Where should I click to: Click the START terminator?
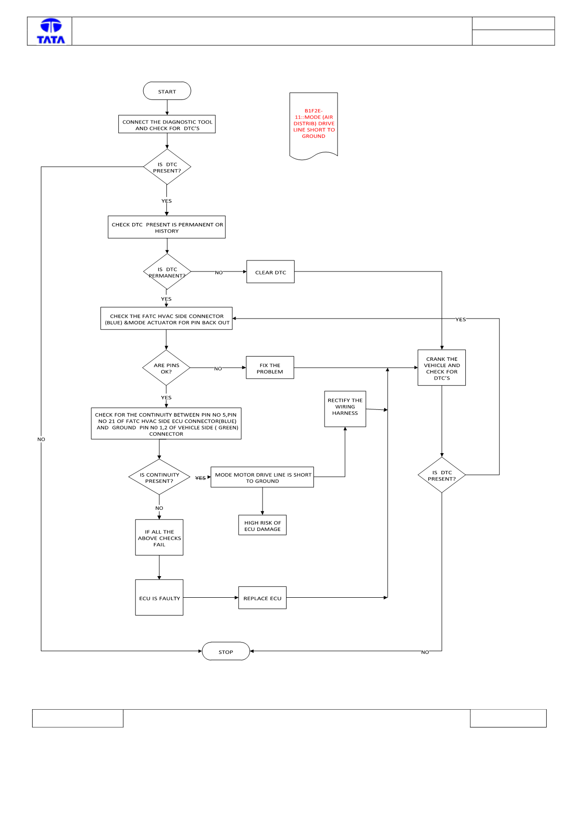click(x=167, y=91)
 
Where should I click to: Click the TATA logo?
click(x=51, y=31)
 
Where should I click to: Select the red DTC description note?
click(x=313, y=126)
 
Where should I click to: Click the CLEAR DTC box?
click(x=270, y=271)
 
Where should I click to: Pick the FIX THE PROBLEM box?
click(x=270, y=368)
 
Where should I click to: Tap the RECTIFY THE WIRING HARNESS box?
click(x=345, y=409)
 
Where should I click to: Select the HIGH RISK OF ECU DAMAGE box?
click(x=262, y=525)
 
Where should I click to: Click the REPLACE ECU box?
click(x=262, y=597)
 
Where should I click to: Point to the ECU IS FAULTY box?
click(x=159, y=597)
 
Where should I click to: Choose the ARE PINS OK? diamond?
click(x=166, y=368)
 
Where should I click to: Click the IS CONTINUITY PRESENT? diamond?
click(x=159, y=477)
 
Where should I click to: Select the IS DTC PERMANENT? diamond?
click(x=167, y=271)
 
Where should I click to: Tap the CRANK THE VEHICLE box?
click(x=442, y=368)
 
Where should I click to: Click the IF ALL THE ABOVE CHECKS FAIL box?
click(x=159, y=537)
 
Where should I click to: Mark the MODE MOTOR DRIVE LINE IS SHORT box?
click(x=262, y=477)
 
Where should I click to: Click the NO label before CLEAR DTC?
click(x=219, y=272)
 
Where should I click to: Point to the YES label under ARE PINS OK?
click(x=166, y=397)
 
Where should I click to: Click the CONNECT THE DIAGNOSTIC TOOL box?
click(x=167, y=124)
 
